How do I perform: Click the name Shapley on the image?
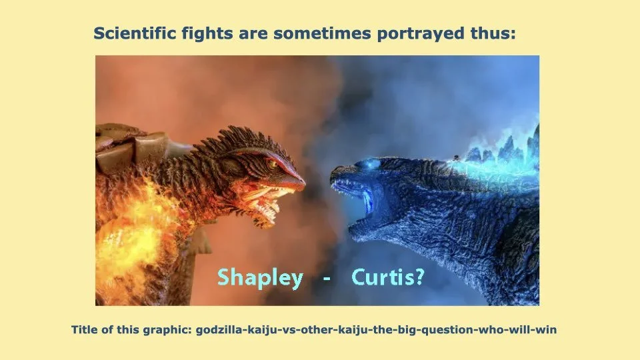click(260, 277)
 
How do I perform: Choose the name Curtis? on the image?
click(387, 277)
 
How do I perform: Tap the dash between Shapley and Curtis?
click(326, 278)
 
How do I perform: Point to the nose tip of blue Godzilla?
click(333, 175)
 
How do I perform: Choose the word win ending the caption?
click(547, 330)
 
